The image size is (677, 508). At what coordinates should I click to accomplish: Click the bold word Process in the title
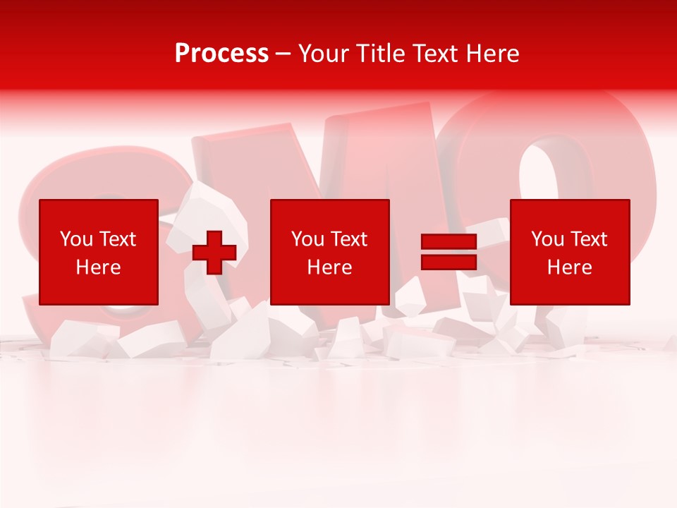pos(221,54)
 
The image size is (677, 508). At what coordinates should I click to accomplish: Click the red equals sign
pos(449,253)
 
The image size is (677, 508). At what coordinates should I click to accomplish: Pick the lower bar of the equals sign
pos(449,262)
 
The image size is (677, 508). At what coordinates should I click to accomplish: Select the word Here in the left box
pos(98,267)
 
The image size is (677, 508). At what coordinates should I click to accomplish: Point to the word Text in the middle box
pos(348,239)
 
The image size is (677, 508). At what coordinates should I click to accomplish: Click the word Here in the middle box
pos(329,267)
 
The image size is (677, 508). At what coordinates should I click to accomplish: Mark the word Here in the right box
pos(569,267)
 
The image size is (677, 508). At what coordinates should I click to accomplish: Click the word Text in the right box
pos(588,239)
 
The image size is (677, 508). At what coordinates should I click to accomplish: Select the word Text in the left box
pos(117,239)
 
